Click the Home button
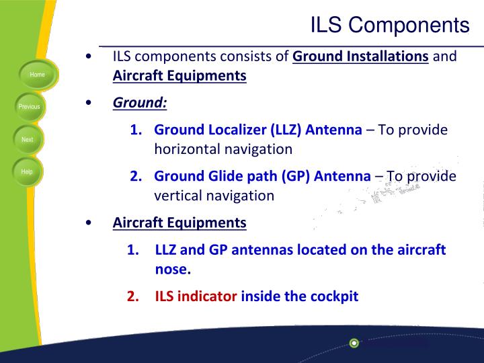click(x=37, y=75)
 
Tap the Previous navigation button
click(x=29, y=107)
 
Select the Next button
click(x=27, y=139)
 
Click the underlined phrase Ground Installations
click(x=361, y=56)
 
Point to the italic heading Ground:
click(x=140, y=103)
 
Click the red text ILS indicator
click(x=196, y=296)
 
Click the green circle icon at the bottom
click(x=354, y=344)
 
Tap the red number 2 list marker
click(x=132, y=296)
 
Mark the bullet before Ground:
click(x=90, y=104)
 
